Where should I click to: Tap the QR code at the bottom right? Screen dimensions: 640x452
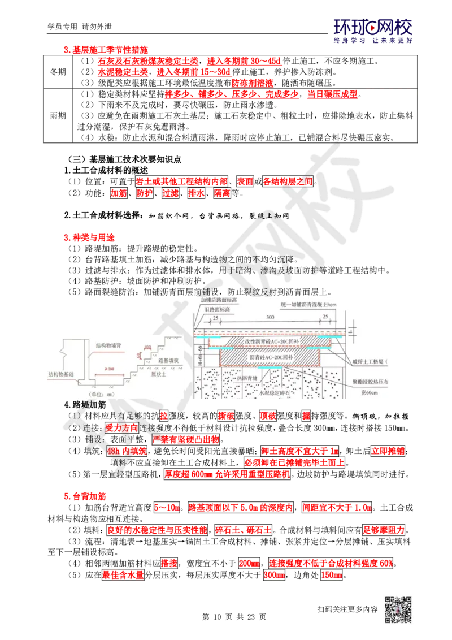click(x=397, y=610)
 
